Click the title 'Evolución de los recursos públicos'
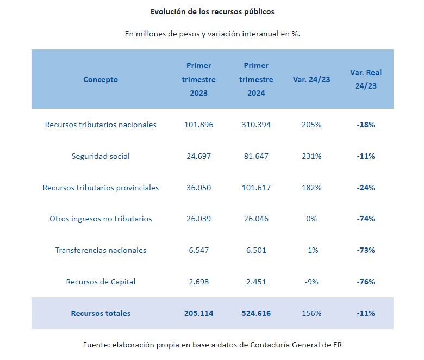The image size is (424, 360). coord(213,11)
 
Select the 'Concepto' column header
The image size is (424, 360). coord(101,79)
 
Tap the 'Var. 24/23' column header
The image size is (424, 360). coord(311,79)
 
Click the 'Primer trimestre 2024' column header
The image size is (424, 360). coord(256,79)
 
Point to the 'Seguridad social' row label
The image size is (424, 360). coord(101,156)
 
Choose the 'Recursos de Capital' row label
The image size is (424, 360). coord(101,282)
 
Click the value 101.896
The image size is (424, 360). coord(198,125)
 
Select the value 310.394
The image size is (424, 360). coord(256,125)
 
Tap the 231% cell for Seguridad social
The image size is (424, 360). coord(311,156)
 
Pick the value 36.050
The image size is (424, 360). coord(198,188)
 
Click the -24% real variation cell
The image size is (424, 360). coord(366,188)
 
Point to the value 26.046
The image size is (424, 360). coord(256,219)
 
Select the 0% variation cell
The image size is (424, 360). coord(311,219)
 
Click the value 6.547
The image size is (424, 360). coord(198,250)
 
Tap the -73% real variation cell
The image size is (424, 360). coord(366,250)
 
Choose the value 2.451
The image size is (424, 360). coord(256,282)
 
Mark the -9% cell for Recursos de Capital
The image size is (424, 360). coord(311,282)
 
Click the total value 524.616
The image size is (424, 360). coord(256,313)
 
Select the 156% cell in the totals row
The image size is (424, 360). coord(311,313)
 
